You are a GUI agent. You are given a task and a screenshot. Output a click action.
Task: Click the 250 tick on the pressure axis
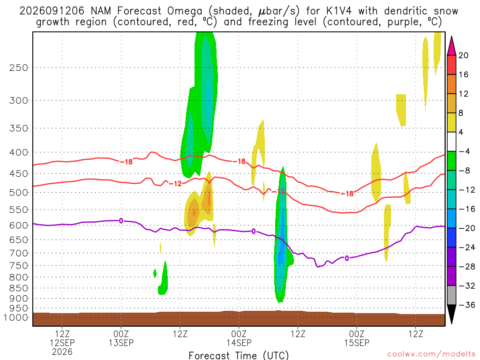point(19,67)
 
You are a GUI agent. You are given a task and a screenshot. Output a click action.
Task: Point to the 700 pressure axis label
point(19,253)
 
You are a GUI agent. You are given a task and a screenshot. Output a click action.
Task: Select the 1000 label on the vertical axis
point(16,317)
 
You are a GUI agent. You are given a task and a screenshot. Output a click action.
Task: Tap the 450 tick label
point(19,173)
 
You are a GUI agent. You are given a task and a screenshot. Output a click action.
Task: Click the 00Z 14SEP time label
point(239,338)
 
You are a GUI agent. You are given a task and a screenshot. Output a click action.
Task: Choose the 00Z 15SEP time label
point(357,338)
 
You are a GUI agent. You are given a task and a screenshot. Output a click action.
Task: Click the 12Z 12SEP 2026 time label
point(62,343)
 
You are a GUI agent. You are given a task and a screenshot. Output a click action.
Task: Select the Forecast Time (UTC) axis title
point(239,355)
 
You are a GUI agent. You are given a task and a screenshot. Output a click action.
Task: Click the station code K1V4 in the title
point(339,11)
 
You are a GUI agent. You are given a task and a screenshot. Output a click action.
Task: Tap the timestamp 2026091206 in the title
point(52,11)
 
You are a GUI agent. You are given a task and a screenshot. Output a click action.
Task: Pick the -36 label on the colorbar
point(467,305)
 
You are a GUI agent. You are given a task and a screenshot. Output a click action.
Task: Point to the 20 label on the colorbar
point(464,55)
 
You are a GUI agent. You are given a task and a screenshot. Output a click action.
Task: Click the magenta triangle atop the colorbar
point(451,46)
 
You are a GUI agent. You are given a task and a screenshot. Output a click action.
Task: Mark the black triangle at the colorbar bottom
point(451,313)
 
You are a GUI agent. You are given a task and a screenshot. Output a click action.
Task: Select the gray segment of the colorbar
point(451,295)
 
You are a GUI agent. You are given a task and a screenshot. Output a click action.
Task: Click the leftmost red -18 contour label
point(126,162)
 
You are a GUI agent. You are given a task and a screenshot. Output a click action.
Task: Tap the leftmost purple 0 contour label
point(121,220)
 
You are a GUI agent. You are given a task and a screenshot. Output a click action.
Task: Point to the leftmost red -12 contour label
point(175,183)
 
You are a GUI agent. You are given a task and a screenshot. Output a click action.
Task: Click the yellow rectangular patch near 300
point(401,110)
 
